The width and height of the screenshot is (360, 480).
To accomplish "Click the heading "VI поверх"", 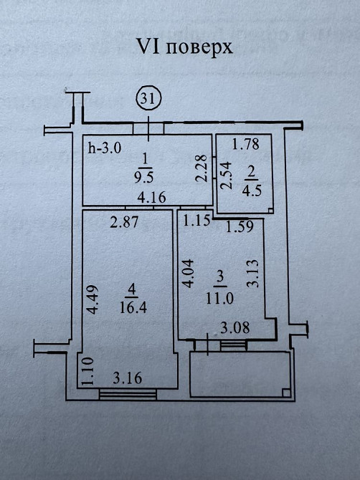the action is [184, 47].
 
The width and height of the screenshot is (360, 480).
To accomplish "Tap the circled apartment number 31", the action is [148, 99].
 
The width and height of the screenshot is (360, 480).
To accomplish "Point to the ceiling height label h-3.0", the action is [105, 148].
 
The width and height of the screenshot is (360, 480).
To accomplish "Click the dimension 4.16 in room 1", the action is [151, 197].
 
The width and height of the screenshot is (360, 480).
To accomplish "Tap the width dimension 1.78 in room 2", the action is [246, 144].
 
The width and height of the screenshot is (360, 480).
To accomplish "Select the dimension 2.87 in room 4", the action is [124, 221].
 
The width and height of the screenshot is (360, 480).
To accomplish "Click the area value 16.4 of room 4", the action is [133, 307].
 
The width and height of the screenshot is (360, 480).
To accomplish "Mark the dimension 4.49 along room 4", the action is [92, 299].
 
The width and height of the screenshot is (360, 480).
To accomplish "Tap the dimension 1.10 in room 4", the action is [87, 370].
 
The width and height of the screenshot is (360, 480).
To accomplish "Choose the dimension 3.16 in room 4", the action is [128, 378].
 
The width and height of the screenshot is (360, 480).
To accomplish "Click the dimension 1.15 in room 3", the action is [196, 221].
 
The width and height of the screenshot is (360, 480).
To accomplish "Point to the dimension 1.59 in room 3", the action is [240, 226].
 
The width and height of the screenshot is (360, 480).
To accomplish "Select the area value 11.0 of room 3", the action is [219, 298].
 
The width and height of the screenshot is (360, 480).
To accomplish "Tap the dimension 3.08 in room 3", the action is [235, 328].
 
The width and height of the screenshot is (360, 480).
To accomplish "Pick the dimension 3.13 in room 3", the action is [252, 274].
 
